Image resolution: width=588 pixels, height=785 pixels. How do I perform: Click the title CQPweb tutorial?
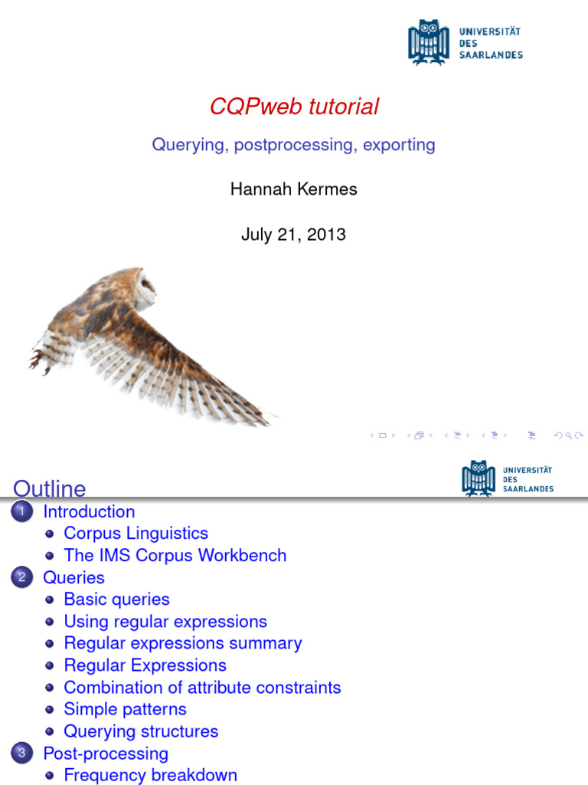pyautogui.click(x=294, y=107)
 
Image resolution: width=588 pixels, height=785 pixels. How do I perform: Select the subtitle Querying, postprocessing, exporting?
pyautogui.click(x=293, y=145)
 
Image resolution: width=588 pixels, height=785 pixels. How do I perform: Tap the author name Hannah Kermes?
pyautogui.click(x=293, y=189)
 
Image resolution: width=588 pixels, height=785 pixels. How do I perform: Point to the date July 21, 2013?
pyautogui.click(x=293, y=235)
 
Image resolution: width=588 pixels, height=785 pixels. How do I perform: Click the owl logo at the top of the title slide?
pyautogui.click(x=428, y=43)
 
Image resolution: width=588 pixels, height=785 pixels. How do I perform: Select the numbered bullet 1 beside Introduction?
pyautogui.click(x=22, y=512)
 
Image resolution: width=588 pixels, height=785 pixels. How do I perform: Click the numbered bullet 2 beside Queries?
pyautogui.click(x=22, y=578)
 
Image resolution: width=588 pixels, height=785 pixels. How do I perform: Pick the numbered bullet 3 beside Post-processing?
pyautogui.click(x=22, y=754)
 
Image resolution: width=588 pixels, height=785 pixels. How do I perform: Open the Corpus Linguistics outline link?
pyautogui.click(x=136, y=534)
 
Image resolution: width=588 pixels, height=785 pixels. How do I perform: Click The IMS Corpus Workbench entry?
pyautogui.click(x=175, y=556)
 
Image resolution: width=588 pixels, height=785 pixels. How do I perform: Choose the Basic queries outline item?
pyautogui.click(x=116, y=599)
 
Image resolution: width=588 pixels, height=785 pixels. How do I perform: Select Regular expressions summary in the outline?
pyautogui.click(x=182, y=644)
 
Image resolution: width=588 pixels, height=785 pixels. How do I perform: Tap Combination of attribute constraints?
pyautogui.click(x=202, y=688)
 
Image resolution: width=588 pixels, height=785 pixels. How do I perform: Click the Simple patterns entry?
pyautogui.click(x=125, y=710)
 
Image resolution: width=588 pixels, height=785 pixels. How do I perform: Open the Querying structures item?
pyautogui.click(x=141, y=732)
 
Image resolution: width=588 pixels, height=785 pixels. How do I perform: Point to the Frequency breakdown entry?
pyautogui.click(x=150, y=776)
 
